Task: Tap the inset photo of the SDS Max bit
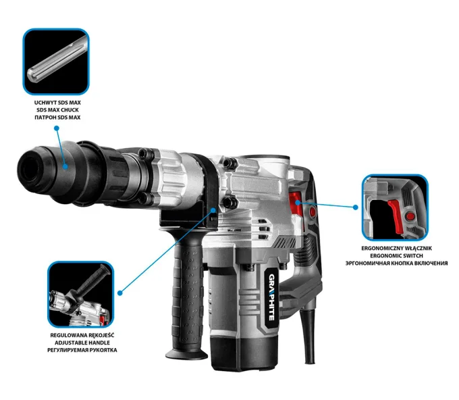tap(56, 61)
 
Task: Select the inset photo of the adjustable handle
tap(80, 295)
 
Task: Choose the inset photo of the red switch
tap(395, 207)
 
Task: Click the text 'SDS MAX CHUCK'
tap(57, 110)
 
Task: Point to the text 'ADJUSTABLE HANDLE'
tap(82, 343)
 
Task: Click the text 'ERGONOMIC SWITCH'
tap(397, 256)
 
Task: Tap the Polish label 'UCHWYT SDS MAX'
tap(57, 103)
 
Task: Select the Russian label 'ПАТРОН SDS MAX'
tap(57, 118)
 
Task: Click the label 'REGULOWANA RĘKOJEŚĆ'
tap(82, 335)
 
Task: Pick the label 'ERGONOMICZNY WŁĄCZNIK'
tap(397, 248)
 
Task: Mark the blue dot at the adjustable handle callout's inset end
tap(120, 293)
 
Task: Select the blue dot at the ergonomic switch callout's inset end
tap(355, 207)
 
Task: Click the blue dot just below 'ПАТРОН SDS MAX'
tap(57, 128)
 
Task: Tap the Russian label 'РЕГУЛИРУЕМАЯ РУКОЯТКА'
tap(82, 350)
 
